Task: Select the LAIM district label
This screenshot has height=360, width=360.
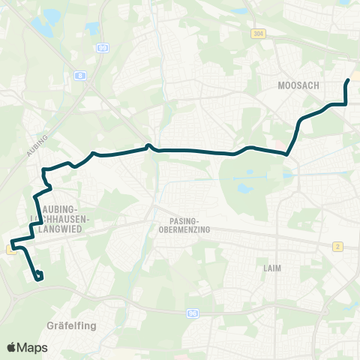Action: pos(271,267)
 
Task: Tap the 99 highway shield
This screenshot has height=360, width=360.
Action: pos(102,48)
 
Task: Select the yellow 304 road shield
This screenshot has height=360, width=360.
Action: pos(259,34)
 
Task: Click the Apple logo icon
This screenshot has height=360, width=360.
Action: pos(12,347)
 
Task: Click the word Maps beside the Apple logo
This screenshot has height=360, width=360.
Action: pos(32,348)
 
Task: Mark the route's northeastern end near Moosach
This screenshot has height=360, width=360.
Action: pos(348,80)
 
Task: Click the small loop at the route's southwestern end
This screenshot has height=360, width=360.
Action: pos(38,276)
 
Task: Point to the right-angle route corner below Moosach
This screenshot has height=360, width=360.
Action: pos(345,104)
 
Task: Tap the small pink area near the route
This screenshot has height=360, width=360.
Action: pos(280,145)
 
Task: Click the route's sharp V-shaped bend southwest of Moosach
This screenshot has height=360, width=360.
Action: pos(287,154)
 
